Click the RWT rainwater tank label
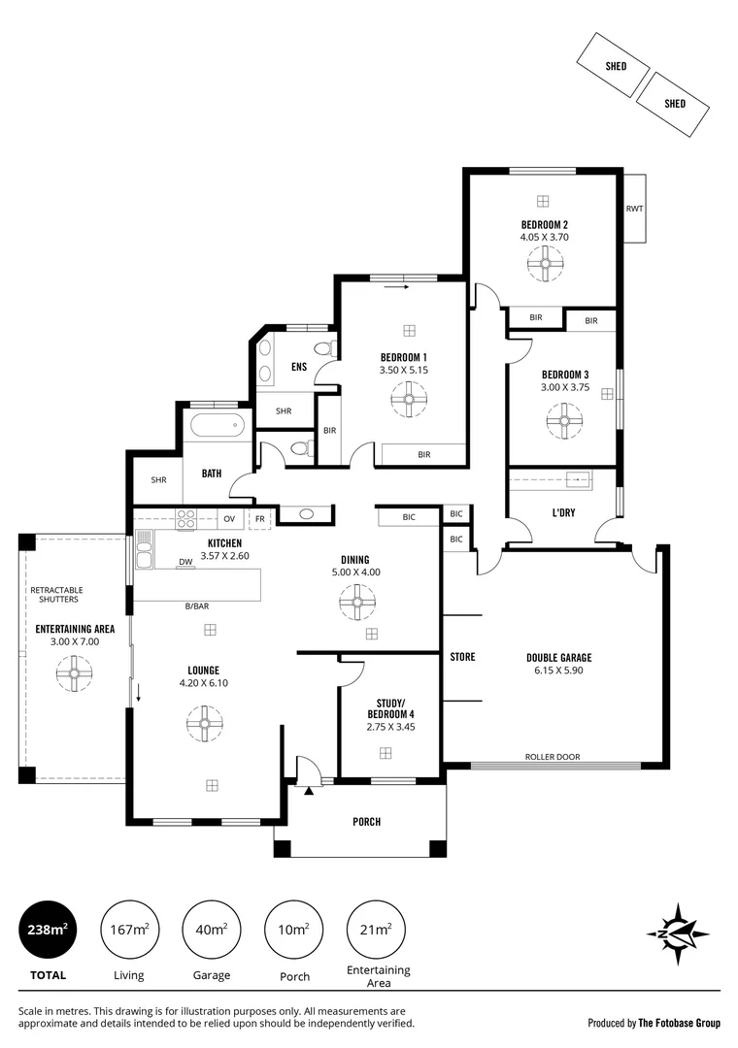tap(634, 209)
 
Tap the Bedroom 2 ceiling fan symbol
tap(544, 262)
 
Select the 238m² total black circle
tap(47, 930)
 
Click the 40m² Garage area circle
tap(212, 930)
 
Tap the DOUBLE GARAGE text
tap(557, 658)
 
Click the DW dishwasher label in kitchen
tap(184, 562)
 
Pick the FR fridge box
tap(259, 518)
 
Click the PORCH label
tap(366, 822)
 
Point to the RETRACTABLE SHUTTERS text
tap(56, 595)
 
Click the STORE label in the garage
tap(463, 657)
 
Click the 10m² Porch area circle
tap(294, 930)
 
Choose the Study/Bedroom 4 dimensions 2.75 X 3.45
tap(390, 726)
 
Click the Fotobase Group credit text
tap(654, 1023)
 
